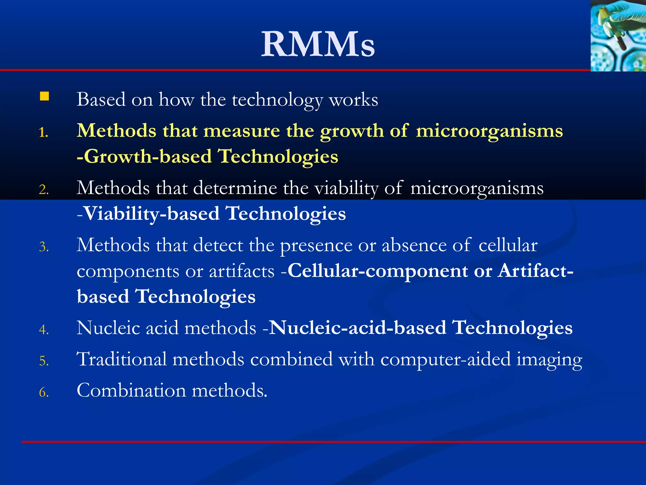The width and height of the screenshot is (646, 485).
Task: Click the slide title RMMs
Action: (318, 44)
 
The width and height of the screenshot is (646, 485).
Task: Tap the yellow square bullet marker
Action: (44, 96)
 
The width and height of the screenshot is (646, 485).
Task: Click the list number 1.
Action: (44, 133)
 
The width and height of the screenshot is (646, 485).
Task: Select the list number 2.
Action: (44, 190)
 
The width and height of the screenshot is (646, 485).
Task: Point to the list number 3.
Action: (44, 247)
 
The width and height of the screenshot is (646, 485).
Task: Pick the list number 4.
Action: (44, 330)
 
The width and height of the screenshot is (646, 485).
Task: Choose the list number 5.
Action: (44, 361)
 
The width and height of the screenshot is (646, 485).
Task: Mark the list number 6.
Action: (44, 392)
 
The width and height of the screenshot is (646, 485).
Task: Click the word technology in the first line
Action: (278, 100)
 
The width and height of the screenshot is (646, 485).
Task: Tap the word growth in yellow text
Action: (352, 131)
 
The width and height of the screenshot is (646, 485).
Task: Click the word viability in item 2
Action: (347, 189)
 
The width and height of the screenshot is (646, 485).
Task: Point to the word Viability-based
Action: (152, 214)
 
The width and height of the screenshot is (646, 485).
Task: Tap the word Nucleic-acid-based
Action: (358, 328)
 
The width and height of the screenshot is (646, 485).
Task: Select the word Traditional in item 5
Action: (122, 359)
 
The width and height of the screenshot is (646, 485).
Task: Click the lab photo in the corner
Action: (618, 35)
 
